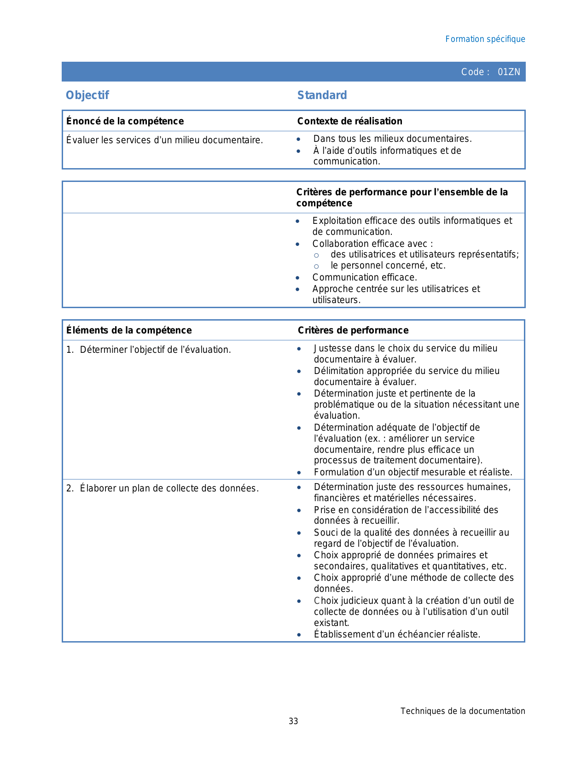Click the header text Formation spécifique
coord(485,39)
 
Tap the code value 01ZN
coord(509,72)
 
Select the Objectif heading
coord(87,95)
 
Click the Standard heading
coord(322,95)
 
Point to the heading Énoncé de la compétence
coord(125,121)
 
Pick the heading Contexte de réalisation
coord(349,121)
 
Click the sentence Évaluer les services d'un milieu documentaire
coord(164,140)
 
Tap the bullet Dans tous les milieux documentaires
coord(392,139)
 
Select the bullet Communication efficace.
coord(365,277)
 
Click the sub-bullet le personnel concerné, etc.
coord(388,265)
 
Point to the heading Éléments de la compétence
coord(129,330)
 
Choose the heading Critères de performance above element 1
coord(353,330)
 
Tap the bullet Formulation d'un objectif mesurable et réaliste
coord(413,472)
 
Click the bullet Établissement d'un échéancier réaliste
coord(397,634)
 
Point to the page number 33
coord(293,721)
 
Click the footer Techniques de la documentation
coord(462,711)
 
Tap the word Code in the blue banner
coord(472,72)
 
